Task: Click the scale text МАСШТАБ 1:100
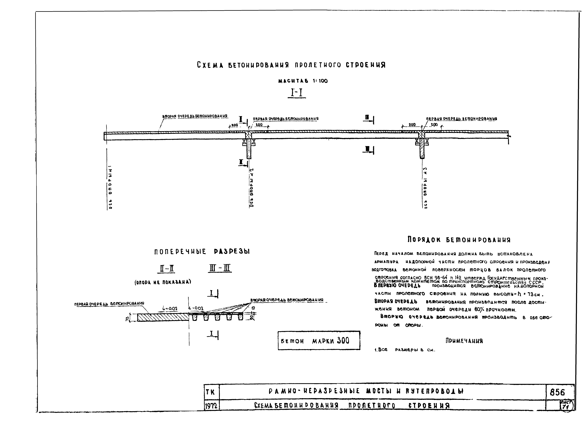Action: (303, 81)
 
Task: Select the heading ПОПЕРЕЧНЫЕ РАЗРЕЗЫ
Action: (202, 252)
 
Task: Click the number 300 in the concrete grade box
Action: (343, 341)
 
